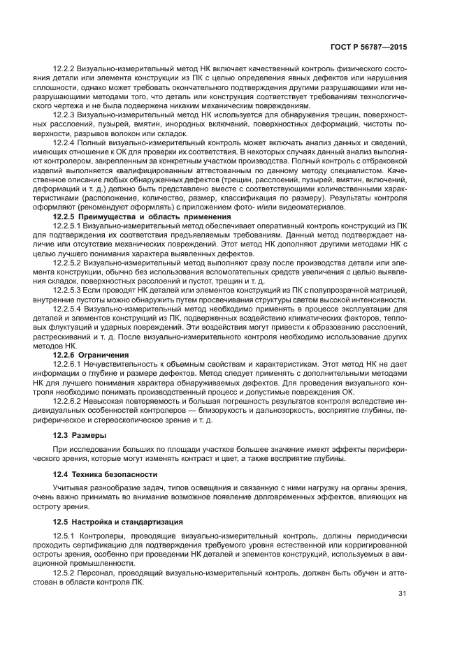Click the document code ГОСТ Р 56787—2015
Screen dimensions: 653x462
[369, 47]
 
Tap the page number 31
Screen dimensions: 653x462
[403, 594]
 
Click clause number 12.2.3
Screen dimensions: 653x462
[64, 113]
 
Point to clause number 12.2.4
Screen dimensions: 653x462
[64, 142]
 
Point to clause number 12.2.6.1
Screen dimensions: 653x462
[68, 364]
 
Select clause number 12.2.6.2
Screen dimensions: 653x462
[68, 402]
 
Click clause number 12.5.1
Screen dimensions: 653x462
[64, 534]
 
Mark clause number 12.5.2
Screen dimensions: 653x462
[64, 572]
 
